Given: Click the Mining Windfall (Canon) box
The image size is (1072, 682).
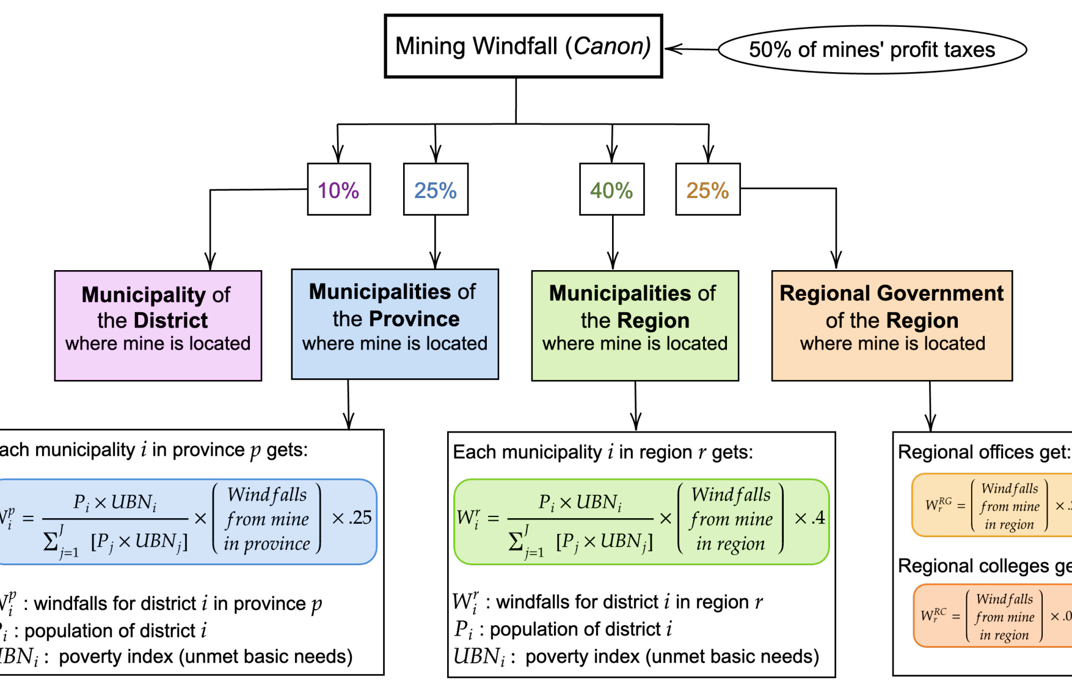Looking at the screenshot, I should click(523, 46).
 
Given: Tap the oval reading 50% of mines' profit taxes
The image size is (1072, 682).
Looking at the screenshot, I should click(872, 50).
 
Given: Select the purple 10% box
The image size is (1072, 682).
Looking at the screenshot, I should click(338, 190).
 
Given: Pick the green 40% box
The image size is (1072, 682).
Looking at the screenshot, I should click(611, 190).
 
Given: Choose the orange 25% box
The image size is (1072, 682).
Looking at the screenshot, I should click(707, 190).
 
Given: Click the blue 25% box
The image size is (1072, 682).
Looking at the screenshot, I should click(436, 190).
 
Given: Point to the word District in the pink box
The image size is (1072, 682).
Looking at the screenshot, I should click(170, 320).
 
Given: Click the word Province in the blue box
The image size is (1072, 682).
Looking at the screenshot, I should click(414, 319).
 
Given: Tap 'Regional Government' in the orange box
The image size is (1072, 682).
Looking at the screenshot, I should click(891, 293).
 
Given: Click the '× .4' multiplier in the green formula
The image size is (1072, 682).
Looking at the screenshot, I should click(809, 518).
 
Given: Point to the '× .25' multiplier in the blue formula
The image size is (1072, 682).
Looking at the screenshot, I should click(351, 518).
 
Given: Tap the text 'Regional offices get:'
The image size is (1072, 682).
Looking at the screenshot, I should click(983, 452).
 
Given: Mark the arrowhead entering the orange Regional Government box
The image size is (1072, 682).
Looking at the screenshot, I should click(836, 261).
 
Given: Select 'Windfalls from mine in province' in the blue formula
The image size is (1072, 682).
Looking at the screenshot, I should click(267, 519).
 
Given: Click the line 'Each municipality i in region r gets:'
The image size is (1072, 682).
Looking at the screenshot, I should click(603, 452).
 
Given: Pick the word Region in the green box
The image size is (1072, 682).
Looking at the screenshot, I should click(653, 320).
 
